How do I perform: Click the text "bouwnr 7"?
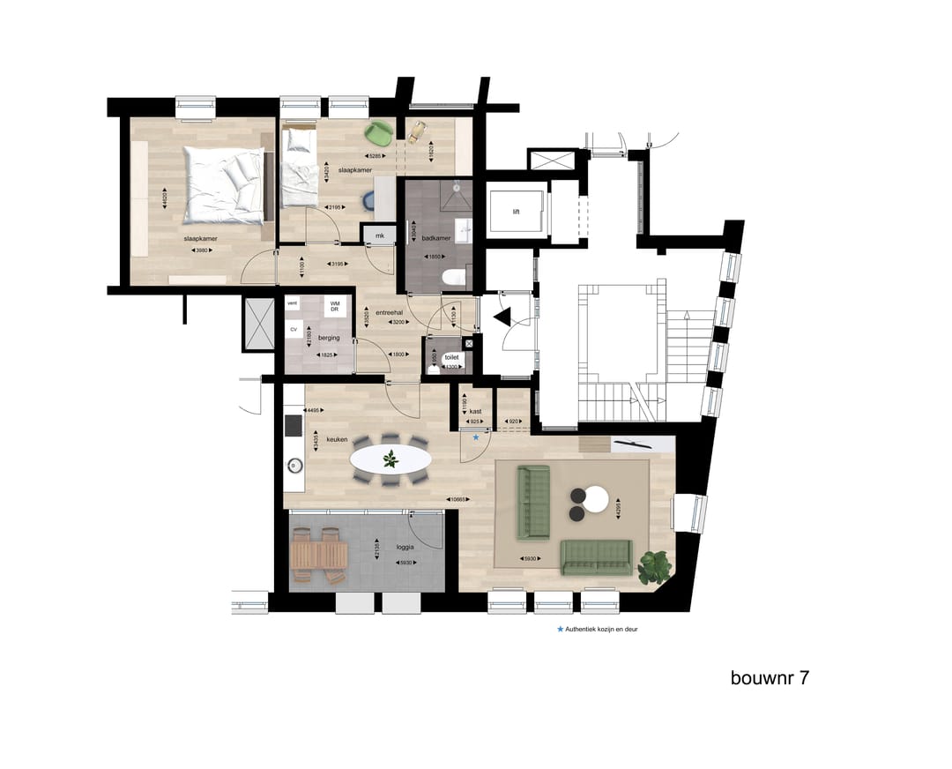(770, 678)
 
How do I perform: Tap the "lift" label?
(517, 212)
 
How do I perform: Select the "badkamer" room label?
(437, 238)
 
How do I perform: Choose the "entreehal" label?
(389, 312)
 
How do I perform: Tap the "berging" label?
(329, 337)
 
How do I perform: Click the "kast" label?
(475, 411)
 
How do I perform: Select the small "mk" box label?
(380, 235)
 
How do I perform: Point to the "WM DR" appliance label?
(335, 306)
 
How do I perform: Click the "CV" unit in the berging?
(294, 330)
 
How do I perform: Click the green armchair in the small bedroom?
(380, 132)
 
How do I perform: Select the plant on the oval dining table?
(390, 459)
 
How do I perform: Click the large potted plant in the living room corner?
(653, 566)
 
